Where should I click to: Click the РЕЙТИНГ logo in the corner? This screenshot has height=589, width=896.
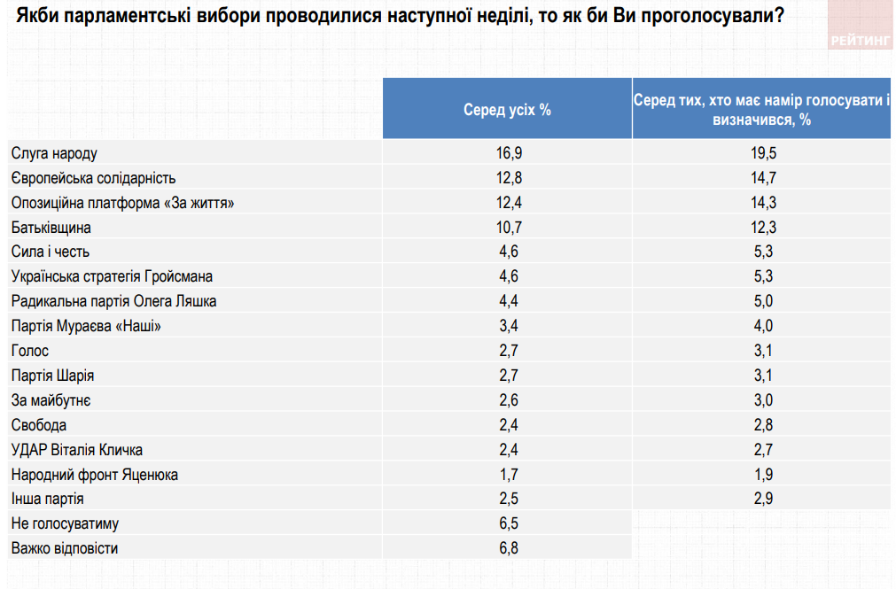pos(861,41)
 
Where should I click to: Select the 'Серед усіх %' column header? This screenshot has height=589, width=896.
pos(508,110)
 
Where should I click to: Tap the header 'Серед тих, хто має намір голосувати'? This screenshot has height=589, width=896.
pos(761,110)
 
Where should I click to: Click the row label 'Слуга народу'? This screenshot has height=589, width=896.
pos(54,153)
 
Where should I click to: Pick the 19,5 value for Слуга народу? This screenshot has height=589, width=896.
pos(761,153)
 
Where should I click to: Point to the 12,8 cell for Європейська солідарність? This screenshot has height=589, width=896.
pos(508,178)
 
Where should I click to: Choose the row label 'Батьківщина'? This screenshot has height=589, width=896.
pos(51,228)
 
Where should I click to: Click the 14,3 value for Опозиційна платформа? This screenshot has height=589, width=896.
pos(761,203)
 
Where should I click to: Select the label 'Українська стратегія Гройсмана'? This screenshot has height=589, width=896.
pos(112,276)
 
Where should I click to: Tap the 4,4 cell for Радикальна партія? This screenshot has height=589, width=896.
pos(508,301)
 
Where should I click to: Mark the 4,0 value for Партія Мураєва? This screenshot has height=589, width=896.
pos(761,326)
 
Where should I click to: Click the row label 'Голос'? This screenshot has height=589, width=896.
pos(30,351)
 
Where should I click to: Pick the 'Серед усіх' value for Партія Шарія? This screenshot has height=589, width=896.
pos(508,376)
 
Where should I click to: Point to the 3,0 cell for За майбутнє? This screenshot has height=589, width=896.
pos(761,400)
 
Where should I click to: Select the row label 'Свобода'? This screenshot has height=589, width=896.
pos(39,425)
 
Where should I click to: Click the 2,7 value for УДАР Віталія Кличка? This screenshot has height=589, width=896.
pos(761,450)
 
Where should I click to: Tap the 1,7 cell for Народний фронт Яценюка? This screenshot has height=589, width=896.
pos(508,475)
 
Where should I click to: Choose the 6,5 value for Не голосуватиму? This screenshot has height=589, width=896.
pos(508,523)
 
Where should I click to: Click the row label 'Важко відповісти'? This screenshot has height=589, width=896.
pos(65,548)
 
